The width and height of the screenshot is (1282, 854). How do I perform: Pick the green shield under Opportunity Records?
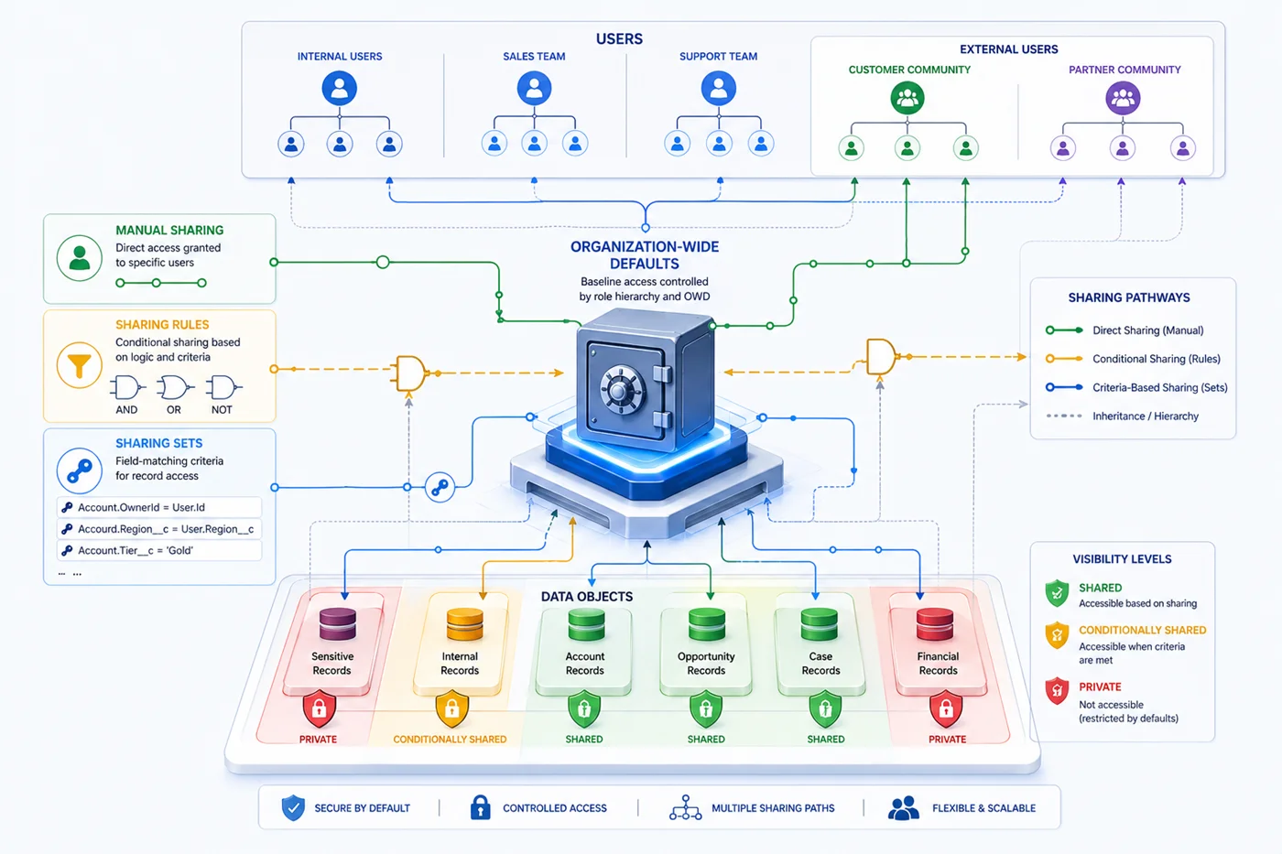point(706,709)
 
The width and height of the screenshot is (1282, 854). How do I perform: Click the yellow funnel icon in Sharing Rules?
point(80,365)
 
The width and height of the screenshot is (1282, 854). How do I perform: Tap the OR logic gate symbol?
point(174,388)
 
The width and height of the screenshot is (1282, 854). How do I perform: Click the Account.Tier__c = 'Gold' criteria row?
point(159,550)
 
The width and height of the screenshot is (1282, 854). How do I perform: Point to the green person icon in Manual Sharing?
point(80,257)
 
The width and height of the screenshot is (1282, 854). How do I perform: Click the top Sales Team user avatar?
point(534,89)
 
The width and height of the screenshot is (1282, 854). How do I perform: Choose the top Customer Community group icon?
point(907,97)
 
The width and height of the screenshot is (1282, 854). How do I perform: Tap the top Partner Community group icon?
point(1123,97)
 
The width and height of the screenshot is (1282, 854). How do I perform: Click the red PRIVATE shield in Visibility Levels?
point(1058,690)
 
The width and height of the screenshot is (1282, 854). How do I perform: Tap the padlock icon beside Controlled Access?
point(480,807)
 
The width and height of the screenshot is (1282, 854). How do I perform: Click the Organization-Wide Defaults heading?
point(645,254)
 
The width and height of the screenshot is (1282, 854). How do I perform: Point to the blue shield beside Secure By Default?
point(293,807)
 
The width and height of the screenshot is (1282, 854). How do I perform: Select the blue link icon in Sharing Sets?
point(80,470)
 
